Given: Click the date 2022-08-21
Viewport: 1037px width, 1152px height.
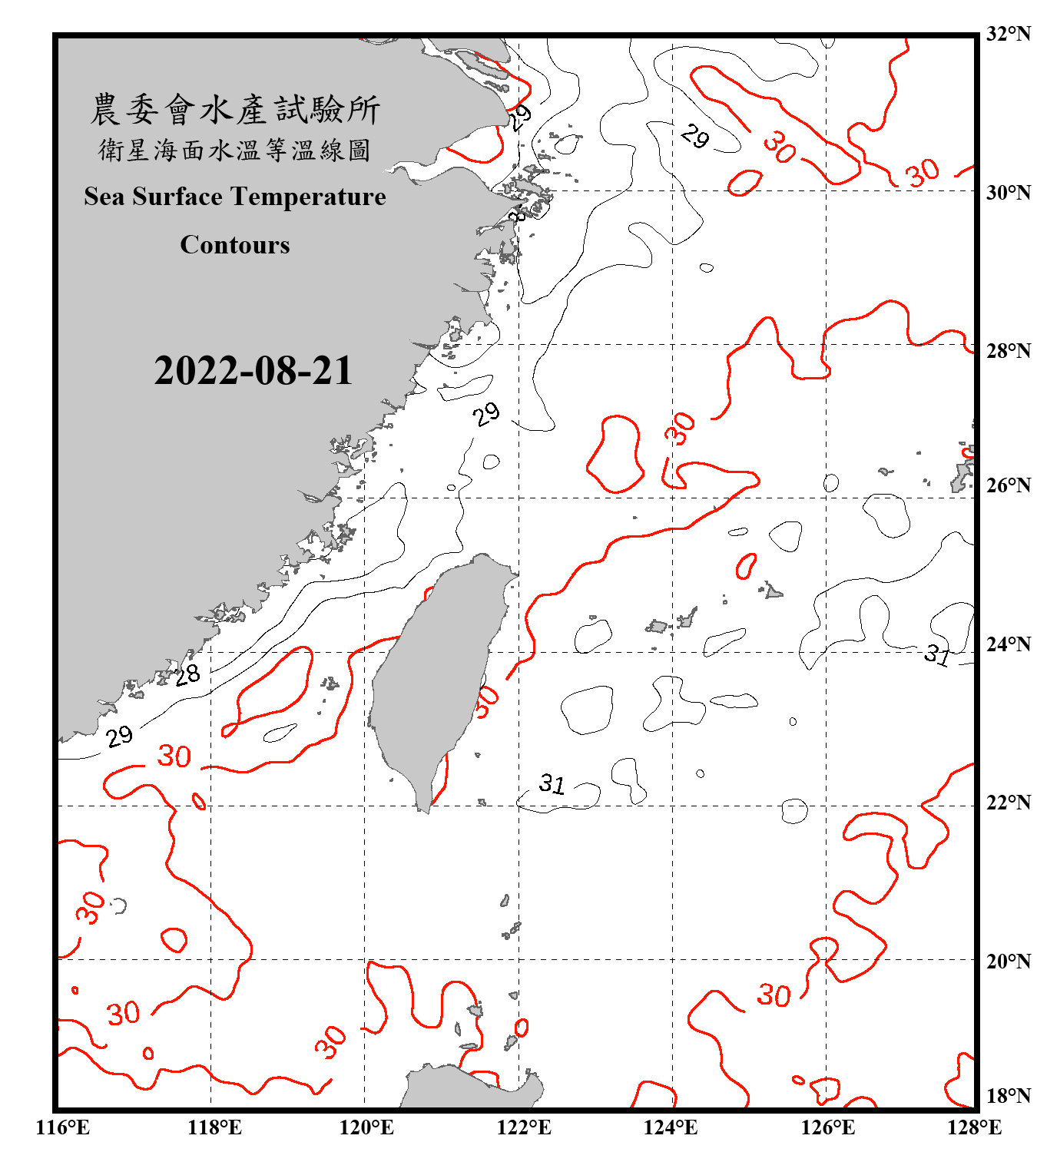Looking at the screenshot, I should point(253,370).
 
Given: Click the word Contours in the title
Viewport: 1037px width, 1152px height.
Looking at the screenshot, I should point(235,245).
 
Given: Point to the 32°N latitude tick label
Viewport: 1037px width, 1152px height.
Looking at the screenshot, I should point(1008,34).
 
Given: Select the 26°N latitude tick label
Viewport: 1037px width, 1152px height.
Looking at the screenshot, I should point(1008,485).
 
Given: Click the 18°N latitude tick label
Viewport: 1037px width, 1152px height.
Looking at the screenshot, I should point(1008,1096).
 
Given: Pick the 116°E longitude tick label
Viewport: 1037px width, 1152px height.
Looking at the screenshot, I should point(63,1127).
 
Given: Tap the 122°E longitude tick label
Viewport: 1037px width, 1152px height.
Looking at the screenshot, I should point(524,1127).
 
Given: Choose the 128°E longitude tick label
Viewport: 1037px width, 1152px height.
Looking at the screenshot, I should point(974,1127).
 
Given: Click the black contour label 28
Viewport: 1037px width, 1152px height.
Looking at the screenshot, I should point(187,675).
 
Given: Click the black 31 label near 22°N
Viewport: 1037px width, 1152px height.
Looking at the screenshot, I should point(552,783).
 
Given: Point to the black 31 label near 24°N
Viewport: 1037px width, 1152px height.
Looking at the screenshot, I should point(937,654).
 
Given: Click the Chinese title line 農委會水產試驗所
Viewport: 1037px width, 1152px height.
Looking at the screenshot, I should point(235,110).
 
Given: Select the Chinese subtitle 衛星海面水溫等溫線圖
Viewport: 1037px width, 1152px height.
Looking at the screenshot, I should point(235,150).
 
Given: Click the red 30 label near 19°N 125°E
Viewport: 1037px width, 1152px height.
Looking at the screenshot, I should point(774,995).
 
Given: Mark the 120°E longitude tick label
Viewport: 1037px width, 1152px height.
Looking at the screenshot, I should point(366,1127).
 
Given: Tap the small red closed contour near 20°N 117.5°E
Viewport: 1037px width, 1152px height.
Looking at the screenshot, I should point(174,940).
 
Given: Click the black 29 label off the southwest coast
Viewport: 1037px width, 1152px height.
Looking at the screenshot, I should point(120,737).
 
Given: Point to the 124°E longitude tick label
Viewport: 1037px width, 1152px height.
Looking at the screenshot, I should point(671,1127).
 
